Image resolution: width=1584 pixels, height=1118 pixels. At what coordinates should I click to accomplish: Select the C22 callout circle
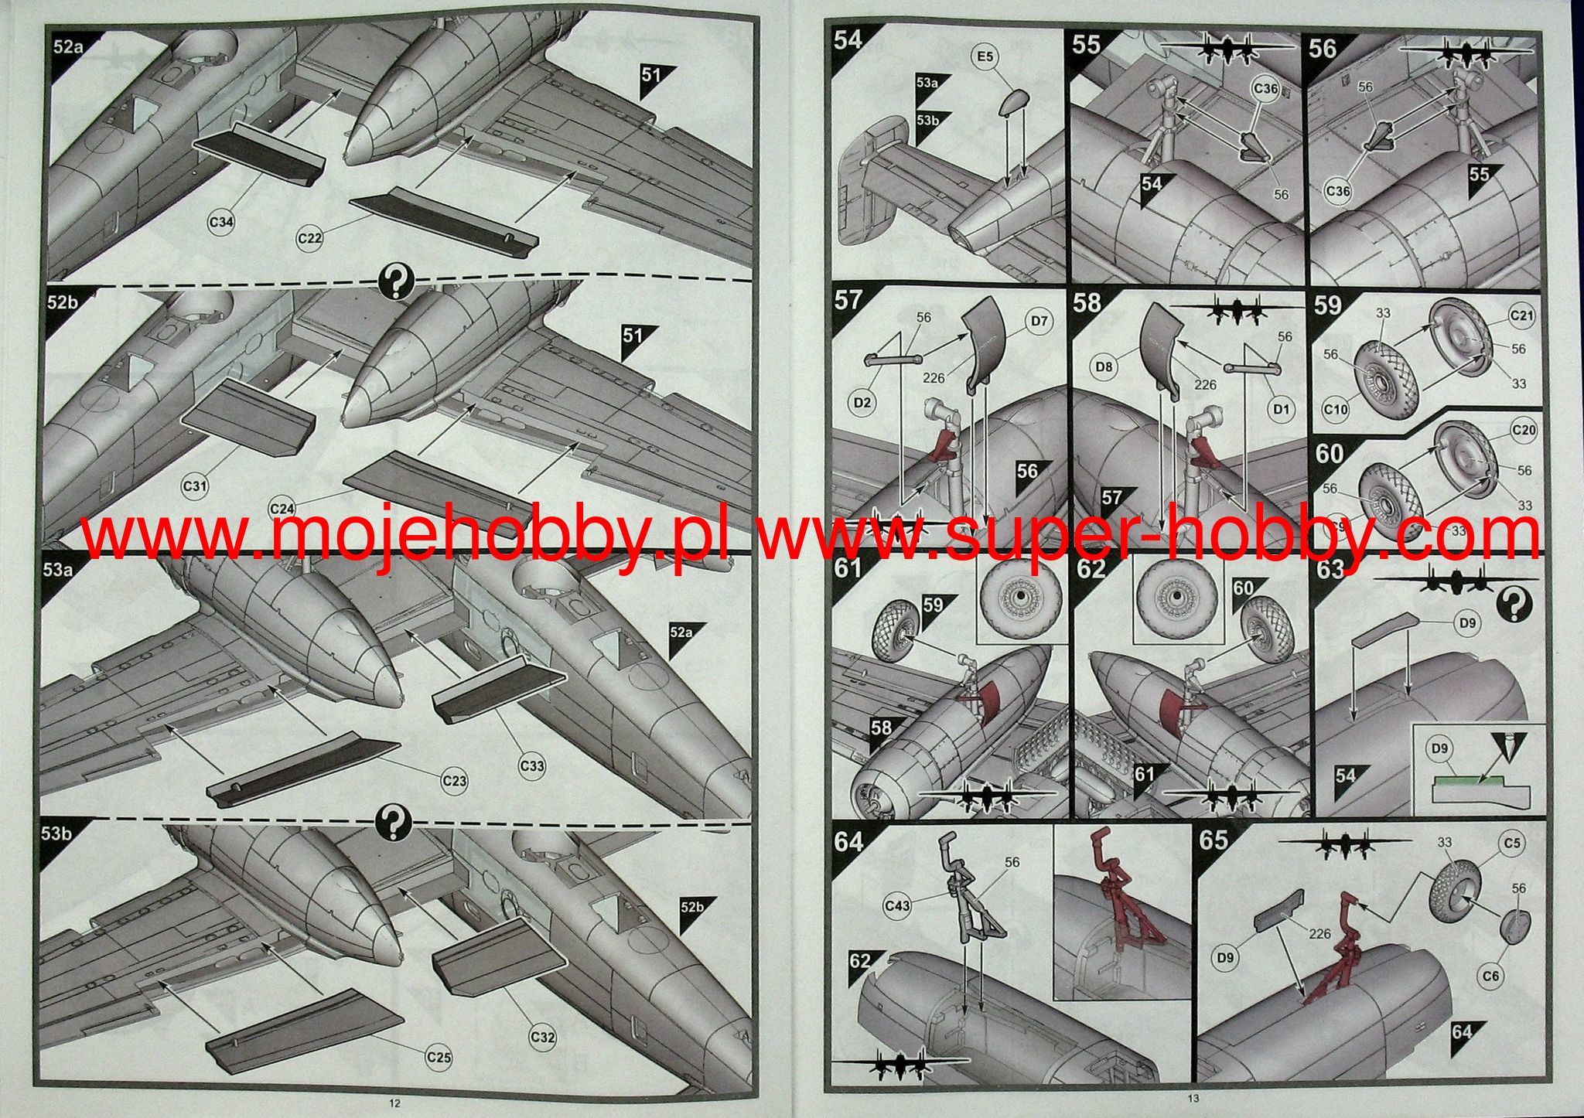310,238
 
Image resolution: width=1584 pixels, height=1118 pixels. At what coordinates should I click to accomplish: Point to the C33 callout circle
532,766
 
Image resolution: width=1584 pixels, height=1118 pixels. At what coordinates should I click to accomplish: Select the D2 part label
863,403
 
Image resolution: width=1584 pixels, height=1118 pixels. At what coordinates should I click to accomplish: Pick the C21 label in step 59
1521,315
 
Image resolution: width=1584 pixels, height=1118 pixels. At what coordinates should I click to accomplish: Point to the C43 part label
897,904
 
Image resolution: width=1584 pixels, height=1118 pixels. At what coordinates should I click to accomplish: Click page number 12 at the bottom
395,1103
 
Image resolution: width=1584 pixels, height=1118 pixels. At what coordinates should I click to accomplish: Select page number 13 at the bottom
1192,1099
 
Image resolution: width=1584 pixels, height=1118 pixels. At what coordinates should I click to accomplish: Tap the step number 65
1214,839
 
